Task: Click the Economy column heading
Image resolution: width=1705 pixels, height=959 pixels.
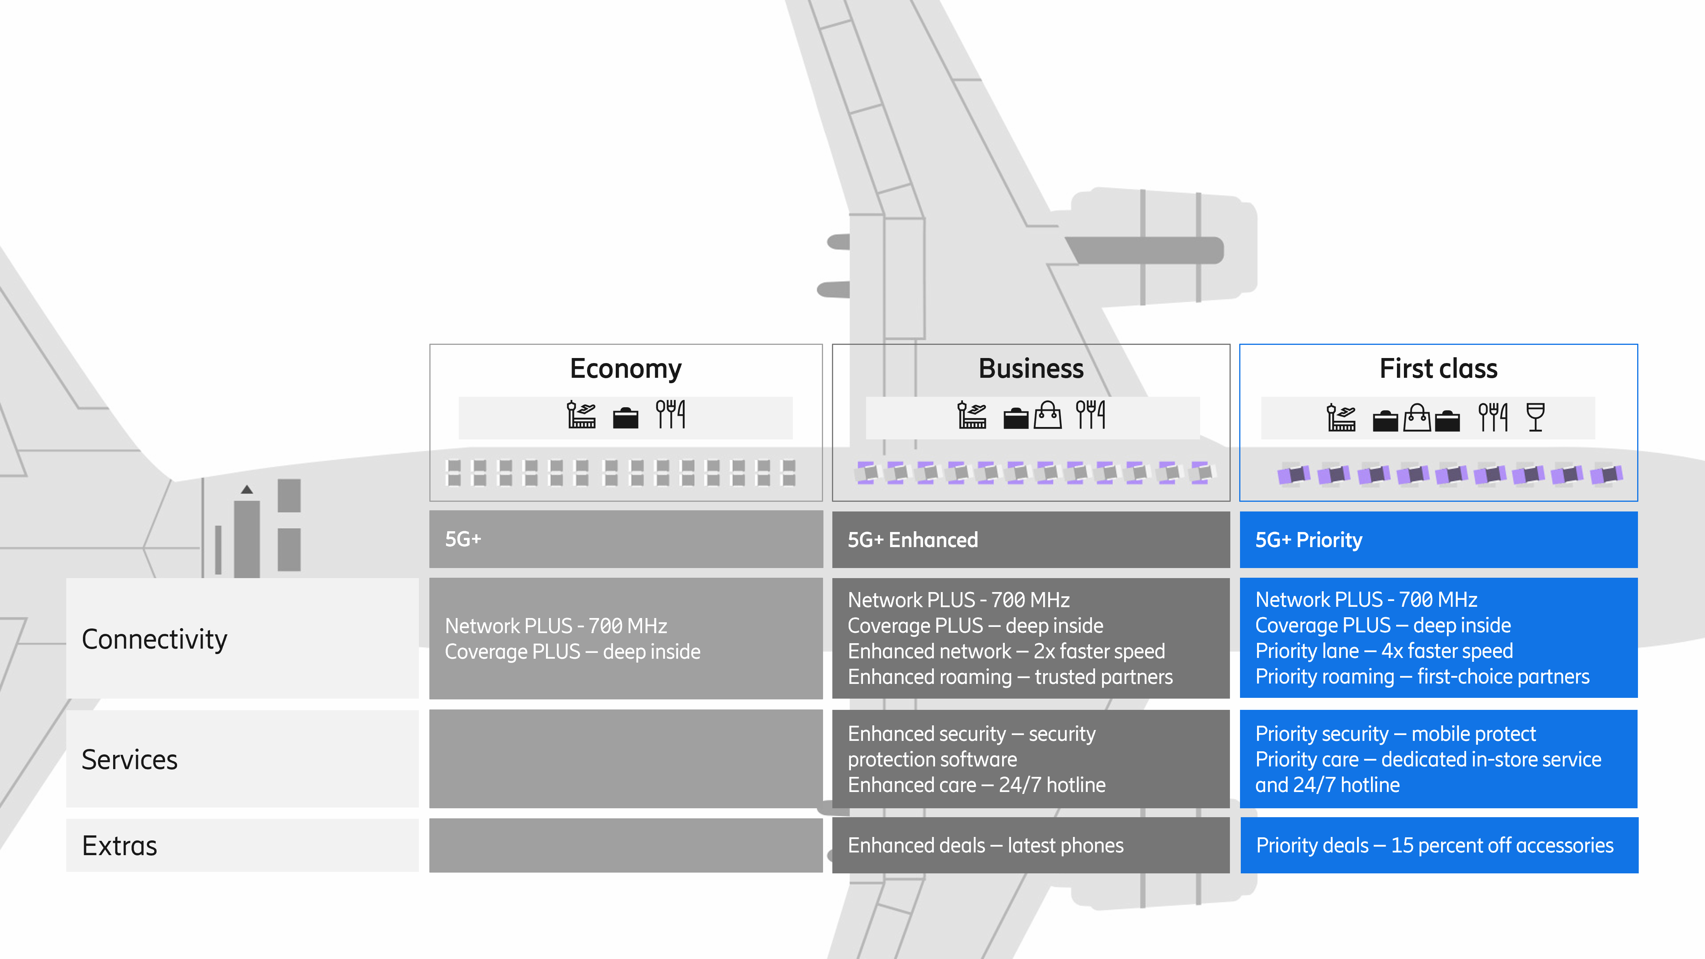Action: tap(625, 368)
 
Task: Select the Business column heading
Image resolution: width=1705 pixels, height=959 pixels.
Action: tap(1030, 368)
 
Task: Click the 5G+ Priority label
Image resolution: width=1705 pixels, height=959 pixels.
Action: tap(1309, 540)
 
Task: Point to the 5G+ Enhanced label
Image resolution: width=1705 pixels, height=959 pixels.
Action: tap(913, 540)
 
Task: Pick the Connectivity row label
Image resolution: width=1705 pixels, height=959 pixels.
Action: tap(154, 639)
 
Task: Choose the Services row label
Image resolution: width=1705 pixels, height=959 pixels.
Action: tap(130, 760)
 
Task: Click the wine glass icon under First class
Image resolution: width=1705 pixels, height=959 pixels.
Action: tap(1535, 417)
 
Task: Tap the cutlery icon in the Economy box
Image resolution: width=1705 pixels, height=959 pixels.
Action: tap(670, 414)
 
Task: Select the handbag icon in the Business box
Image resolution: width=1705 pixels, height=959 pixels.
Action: tap(1048, 416)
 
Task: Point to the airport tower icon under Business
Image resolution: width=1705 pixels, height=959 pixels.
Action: tap(971, 415)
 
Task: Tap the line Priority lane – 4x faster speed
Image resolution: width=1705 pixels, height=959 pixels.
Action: tap(1384, 651)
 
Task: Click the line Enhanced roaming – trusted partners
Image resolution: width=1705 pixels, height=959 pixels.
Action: tap(1010, 677)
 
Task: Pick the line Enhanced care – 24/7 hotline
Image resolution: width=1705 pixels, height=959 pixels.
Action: tap(976, 785)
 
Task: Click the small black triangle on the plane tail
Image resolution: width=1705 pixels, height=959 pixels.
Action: tap(247, 490)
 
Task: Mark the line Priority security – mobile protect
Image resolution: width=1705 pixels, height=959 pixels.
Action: tap(1395, 734)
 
